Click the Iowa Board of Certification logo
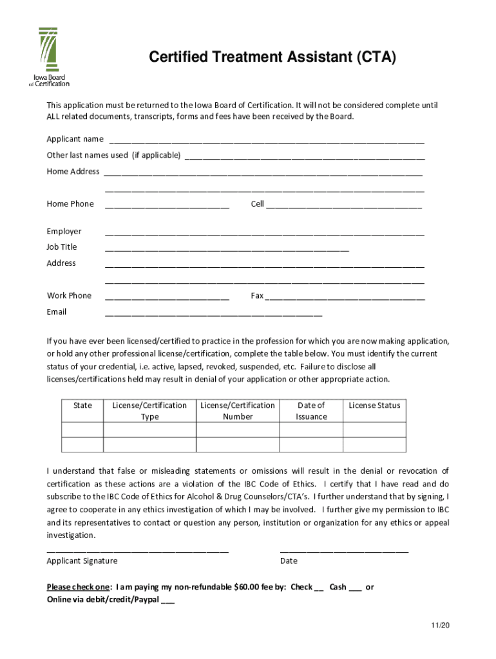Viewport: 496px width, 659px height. click(x=50, y=57)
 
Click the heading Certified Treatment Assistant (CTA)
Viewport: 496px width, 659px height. click(x=272, y=59)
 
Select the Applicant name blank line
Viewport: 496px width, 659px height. click(x=267, y=140)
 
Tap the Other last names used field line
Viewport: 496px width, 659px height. click(x=305, y=156)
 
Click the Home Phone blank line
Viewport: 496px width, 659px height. click(x=167, y=205)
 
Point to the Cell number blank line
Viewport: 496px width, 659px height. click(x=344, y=205)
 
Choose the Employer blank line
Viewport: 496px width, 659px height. click(x=264, y=232)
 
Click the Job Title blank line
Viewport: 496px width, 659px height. click(x=227, y=248)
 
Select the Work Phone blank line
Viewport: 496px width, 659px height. click(x=167, y=297)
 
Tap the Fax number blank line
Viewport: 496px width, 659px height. click(x=345, y=297)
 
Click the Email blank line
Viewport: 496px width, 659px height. click(x=213, y=313)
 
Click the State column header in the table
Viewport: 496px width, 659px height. click(x=82, y=405)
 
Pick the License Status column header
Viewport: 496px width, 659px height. click(x=374, y=405)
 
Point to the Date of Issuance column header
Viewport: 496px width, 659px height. click(x=311, y=411)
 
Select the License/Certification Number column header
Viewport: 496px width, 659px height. click(x=238, y=411)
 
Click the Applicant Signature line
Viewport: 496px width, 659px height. click(x=137, y=550)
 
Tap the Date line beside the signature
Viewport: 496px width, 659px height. click(x=344, y=550)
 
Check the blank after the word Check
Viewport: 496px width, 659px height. click(x=318, y=588)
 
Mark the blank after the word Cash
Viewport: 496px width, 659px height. click(x=355, y=588)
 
